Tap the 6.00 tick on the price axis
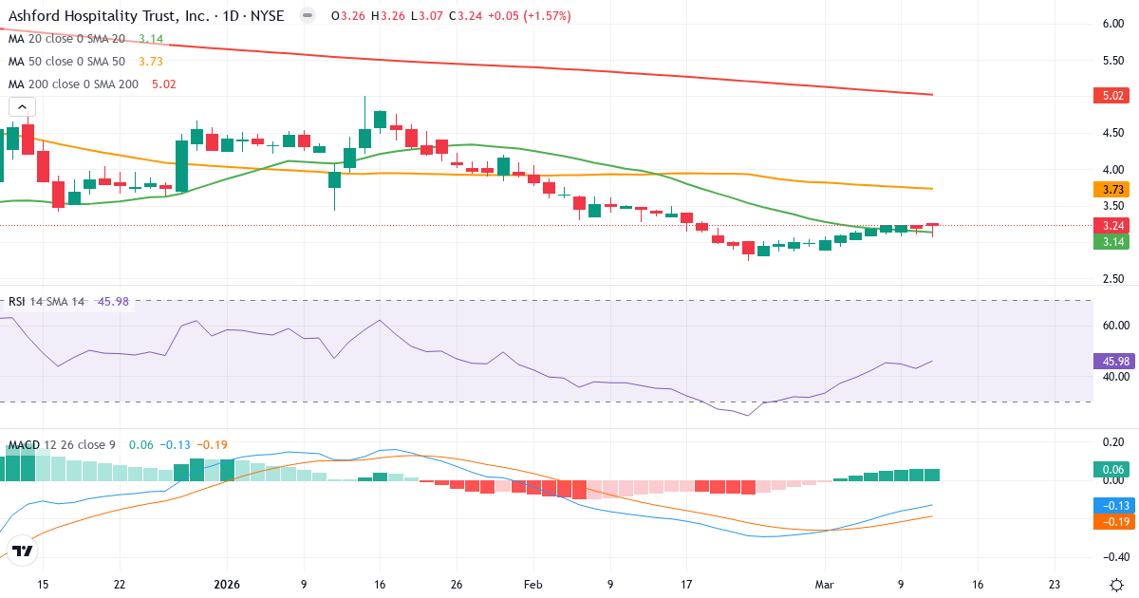click(1112, 24)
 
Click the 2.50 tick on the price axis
click(1112, 279)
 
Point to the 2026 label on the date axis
click(227, 585)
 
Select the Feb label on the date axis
click(533, 585)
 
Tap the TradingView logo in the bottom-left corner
click(23, 551)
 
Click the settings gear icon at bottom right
click(1116, 585)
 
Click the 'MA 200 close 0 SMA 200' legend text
click(74, 84)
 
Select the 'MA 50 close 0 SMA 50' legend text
click(66, 61)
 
